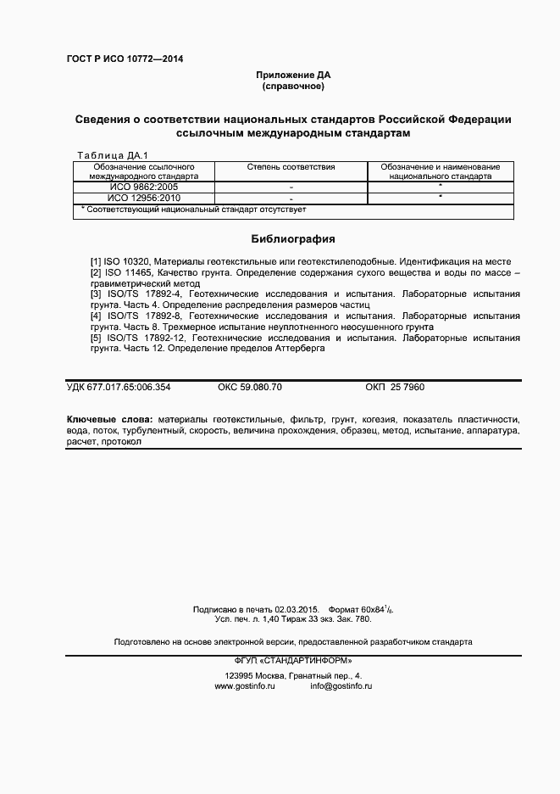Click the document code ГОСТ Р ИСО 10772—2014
[124, 59]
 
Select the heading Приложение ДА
[293, 75]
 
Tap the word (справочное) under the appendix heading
[293, 87]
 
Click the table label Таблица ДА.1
[112, 155]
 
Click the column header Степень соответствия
[291, 167]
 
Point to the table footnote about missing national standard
[193, 209]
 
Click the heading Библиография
[293, 239]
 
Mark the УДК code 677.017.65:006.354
[119, 388]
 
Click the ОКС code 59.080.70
[250, 388]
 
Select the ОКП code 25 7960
[395, 388]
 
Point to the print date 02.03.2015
[297, 609]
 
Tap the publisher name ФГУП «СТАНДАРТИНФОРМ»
[292, 661]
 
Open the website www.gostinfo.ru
[245, 685]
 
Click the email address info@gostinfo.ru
[341, 685]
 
